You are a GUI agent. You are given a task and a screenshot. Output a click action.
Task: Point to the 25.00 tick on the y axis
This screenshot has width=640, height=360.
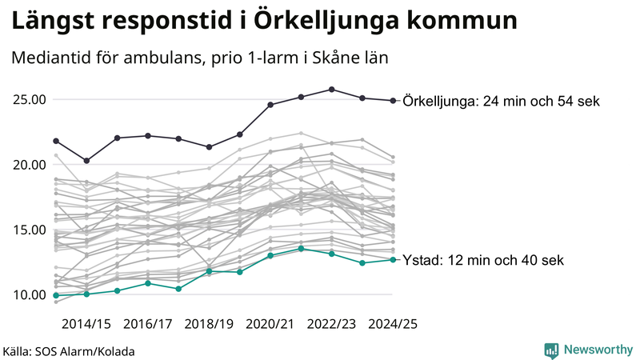[x=29, y=100]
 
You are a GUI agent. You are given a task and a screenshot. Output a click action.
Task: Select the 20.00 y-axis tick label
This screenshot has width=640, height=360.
[x=29, y=165]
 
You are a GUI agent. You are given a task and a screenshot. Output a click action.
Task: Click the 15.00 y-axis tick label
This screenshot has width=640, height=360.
[x=29, y=230]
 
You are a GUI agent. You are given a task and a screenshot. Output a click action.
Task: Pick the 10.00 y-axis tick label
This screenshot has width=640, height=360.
[x=29, y=294]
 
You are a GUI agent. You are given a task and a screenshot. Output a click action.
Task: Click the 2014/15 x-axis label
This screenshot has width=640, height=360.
[x=86, y=324]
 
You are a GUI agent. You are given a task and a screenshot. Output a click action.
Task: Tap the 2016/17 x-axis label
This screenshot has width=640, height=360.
[x=148, y=324]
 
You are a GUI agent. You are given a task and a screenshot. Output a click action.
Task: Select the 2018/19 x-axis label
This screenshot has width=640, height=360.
[x=209, y=324]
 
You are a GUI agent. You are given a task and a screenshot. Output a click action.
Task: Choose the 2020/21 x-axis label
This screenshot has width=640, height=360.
[x=270, y=324]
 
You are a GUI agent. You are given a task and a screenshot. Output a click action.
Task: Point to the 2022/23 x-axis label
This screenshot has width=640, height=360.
[x=331, y=324]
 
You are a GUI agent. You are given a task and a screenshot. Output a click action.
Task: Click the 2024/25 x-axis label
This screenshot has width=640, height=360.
[x=393, y=324]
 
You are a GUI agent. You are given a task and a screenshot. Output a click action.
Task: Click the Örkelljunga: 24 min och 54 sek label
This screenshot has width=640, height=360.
[x=502, y=102]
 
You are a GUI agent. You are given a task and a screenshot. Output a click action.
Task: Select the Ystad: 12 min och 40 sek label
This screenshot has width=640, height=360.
[x=485, y=260]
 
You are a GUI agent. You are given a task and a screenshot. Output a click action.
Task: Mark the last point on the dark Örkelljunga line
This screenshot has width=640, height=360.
[x=393, y=101]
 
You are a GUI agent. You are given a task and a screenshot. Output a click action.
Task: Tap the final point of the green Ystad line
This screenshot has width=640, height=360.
[x=393, y=259]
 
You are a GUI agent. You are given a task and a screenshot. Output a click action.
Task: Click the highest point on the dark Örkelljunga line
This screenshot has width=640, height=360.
[x=331, y=90]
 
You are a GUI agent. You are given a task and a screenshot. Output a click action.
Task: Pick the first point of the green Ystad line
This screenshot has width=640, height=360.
[x=56, y=295]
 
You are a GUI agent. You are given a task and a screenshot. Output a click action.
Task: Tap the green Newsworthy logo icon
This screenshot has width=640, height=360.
[x=551, y=350]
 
